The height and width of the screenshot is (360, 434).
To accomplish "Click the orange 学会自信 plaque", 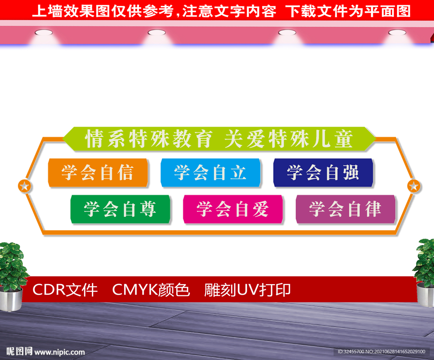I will coord(98,173).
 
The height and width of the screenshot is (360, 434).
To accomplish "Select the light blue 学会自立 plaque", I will coord(211,173).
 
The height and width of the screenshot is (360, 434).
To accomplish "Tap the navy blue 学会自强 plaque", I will coord(323,173).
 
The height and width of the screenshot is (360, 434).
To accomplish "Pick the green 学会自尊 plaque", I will coord(120,209).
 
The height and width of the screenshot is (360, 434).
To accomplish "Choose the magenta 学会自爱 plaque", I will coord(233,209).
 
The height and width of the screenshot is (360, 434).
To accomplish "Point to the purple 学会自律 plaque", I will coord(345,209).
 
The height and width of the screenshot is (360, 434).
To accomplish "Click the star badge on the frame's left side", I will coord(25,186).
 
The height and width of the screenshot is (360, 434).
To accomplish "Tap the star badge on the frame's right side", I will coord(413,186).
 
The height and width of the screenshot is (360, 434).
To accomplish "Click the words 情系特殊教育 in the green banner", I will coord(149,139).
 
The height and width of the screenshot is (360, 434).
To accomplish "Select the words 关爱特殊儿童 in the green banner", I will coord(289,139).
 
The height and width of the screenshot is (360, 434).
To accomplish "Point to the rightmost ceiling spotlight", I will coord(397,32).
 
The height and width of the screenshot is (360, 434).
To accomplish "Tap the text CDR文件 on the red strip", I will coord(65,290).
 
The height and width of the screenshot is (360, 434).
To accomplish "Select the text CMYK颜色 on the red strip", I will coord(151,290).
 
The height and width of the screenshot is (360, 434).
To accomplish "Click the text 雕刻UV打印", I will coord(248,290).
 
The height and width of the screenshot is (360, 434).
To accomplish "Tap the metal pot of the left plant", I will coord(11,299).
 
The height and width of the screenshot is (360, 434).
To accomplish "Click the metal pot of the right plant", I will coord(426,294).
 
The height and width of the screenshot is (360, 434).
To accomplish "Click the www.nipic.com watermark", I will coord(59,352).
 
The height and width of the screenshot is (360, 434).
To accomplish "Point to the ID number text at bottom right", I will coord(381,352).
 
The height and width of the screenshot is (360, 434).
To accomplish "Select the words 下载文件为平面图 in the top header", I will coord(348,11).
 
